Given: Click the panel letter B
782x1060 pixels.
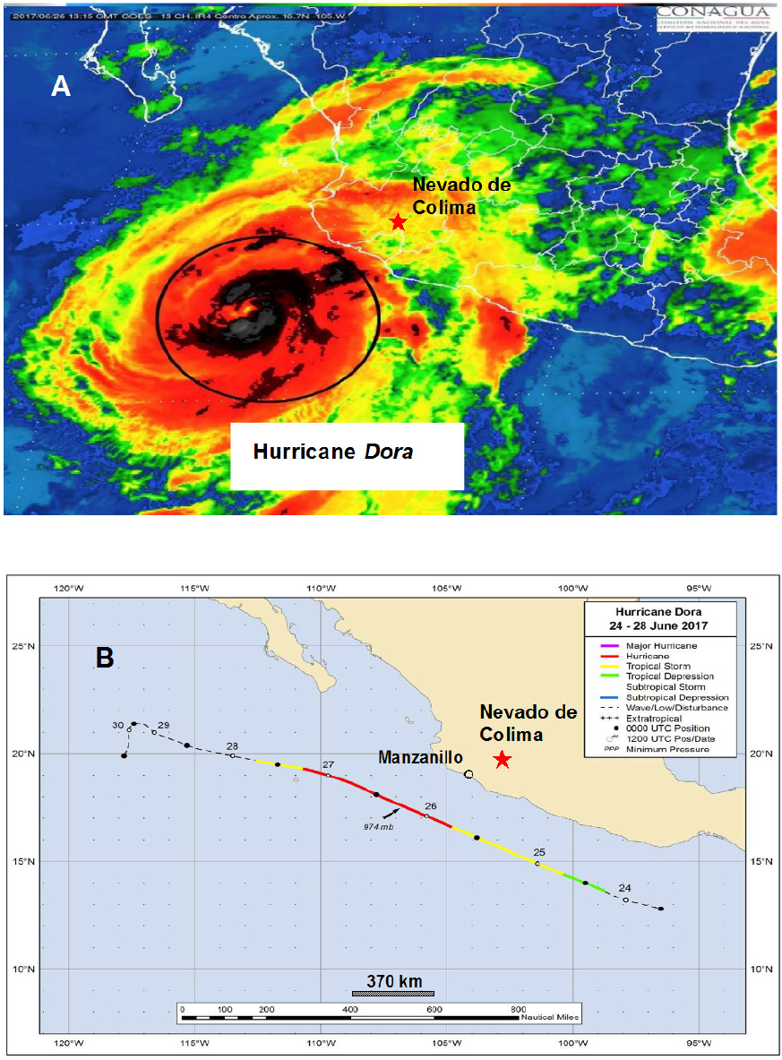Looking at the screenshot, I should [x=105, y=658].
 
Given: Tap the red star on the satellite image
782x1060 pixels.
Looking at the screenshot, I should [x=398, y=221].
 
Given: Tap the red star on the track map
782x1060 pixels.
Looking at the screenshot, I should [x=503, y=760].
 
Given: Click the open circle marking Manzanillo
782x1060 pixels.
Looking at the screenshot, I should [x=468, y=773].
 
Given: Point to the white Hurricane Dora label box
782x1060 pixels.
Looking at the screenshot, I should [x=346, y=455].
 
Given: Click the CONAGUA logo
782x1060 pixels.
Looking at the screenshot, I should [x=714, y=16].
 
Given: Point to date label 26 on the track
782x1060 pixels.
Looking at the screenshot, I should [x=431, y=806].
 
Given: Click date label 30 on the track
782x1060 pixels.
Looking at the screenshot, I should [x=116, y=724].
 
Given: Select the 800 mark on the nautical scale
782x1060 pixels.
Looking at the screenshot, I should [x=518, y=1009].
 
